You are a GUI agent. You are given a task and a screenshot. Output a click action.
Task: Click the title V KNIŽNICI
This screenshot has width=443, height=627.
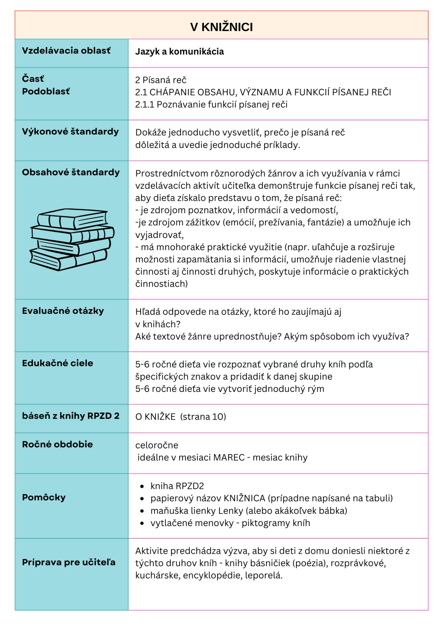click(x=221, y=27)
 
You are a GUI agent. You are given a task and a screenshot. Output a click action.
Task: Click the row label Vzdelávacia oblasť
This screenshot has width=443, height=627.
click(x=66, y=51)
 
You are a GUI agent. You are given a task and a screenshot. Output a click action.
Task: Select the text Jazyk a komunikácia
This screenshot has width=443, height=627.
click(x=180, y=52)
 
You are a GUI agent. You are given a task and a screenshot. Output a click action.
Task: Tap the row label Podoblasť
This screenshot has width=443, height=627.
click(x=46, y=91)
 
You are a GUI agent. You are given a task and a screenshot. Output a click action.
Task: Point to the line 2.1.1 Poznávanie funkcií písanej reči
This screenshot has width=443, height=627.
click(x=211, y=104)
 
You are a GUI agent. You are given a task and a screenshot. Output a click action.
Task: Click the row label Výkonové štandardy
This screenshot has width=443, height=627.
click(x=70, y=132)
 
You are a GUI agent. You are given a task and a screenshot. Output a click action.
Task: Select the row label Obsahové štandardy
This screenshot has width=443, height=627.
click(x=71, y=172)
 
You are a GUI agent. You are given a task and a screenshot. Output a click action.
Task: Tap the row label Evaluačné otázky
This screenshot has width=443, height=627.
click(x=63, y=311)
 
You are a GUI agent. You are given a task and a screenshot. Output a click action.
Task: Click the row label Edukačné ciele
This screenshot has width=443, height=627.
click(x=57, y=363)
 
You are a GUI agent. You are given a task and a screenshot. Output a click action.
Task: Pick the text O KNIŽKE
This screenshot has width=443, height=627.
click(x=155, y=417)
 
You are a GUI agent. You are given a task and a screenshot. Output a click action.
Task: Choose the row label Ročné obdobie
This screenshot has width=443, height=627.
click(x=57, y=444)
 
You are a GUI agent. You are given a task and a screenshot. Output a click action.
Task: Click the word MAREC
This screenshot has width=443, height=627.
click(x=229, y=458)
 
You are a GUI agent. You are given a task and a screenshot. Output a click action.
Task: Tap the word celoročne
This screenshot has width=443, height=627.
click(x=157, y=445)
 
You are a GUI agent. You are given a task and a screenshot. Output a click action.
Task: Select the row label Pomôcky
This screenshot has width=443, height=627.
click(x=44, y=497)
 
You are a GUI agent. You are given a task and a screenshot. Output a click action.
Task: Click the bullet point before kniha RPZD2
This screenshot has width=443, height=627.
click(x=142, y=486)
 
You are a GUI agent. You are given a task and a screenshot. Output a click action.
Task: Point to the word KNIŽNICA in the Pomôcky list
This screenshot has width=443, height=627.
click(x=244, y=498)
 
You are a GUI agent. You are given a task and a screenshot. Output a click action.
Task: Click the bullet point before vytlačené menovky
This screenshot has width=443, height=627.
click(x=142, y=523)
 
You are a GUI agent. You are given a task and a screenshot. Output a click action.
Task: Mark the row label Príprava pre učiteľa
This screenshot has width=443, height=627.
click(x=69, y=562)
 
